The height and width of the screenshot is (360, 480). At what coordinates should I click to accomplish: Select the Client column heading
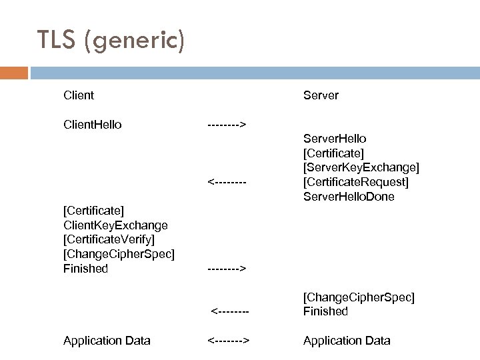coord(79,95)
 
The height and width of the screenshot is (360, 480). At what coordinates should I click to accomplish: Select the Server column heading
coord(321,95)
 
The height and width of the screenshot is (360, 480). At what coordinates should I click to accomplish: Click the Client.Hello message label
coord(92,124)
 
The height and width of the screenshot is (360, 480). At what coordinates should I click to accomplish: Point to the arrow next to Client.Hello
coord(227,124)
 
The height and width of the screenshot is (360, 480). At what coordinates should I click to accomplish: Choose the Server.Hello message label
coord(335,139)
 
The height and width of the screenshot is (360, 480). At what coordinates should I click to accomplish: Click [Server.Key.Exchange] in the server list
coord(361,167)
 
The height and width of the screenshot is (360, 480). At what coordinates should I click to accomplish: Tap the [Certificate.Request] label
coord(356,182)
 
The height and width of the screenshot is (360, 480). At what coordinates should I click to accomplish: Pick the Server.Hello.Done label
coord(349,197)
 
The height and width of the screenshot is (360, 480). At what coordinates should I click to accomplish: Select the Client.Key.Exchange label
coord(115,225)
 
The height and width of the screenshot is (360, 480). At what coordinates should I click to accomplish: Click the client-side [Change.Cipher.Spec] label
coord(118,255)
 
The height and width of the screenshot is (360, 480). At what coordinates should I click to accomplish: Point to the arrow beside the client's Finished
coord(227,269)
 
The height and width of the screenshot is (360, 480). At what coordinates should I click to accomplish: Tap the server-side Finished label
coord(325,311)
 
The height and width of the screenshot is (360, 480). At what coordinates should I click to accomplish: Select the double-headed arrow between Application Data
coord(228,341)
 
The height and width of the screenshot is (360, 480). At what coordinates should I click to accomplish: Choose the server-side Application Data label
coord(347,341)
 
